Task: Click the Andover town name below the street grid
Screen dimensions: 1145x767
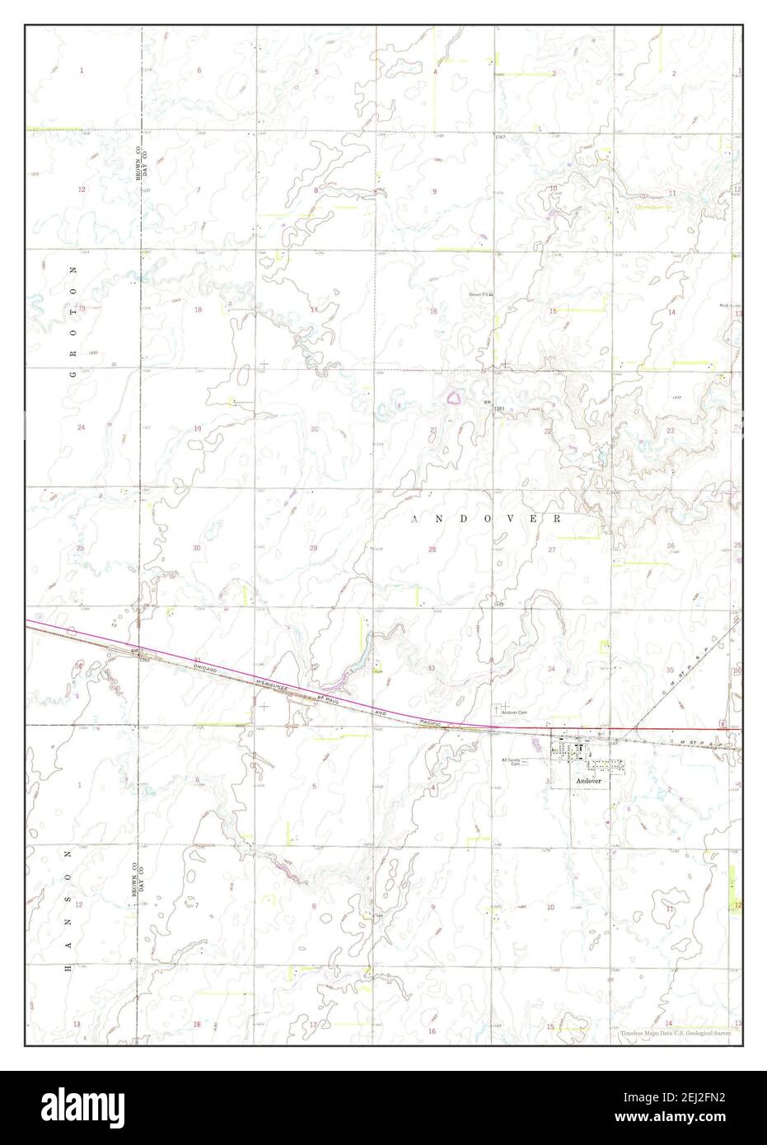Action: tap(588, 779)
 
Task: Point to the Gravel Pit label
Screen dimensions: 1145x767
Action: tap(480, 292)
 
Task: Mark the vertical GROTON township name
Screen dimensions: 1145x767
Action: tap(72, 322)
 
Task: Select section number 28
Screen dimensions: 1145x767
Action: tap(432, 549)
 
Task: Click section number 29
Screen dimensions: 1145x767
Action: tap(313, 549)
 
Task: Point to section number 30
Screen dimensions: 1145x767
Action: tap(196, 549)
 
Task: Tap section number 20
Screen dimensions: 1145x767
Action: tap(314, 428)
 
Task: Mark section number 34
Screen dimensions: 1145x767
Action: tap(550, 668)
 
